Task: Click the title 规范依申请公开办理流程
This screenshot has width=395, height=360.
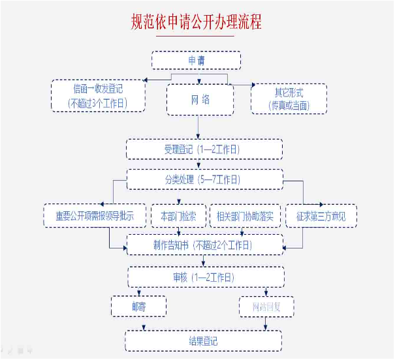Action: pos(197,22)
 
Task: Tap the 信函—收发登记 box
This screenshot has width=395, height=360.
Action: pos(98,95)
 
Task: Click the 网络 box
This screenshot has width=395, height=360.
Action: pos(200,99)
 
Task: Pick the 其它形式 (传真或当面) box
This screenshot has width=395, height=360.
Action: pos(289,98)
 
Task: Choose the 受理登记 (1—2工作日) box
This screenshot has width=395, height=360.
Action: pos(204,149)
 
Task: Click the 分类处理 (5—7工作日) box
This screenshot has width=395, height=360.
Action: pos(204,179)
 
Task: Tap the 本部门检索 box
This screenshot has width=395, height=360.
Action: pos(178,216)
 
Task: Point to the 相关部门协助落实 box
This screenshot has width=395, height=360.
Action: pos(245,216)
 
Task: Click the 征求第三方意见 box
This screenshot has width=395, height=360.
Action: pos(321,216)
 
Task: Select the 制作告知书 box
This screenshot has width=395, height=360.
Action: pos(204,245)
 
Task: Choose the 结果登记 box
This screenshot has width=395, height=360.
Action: pos(203,340)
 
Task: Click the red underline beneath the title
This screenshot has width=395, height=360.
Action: pos(197,36)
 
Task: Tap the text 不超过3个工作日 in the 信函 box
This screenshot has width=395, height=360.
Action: pos(98,103)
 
